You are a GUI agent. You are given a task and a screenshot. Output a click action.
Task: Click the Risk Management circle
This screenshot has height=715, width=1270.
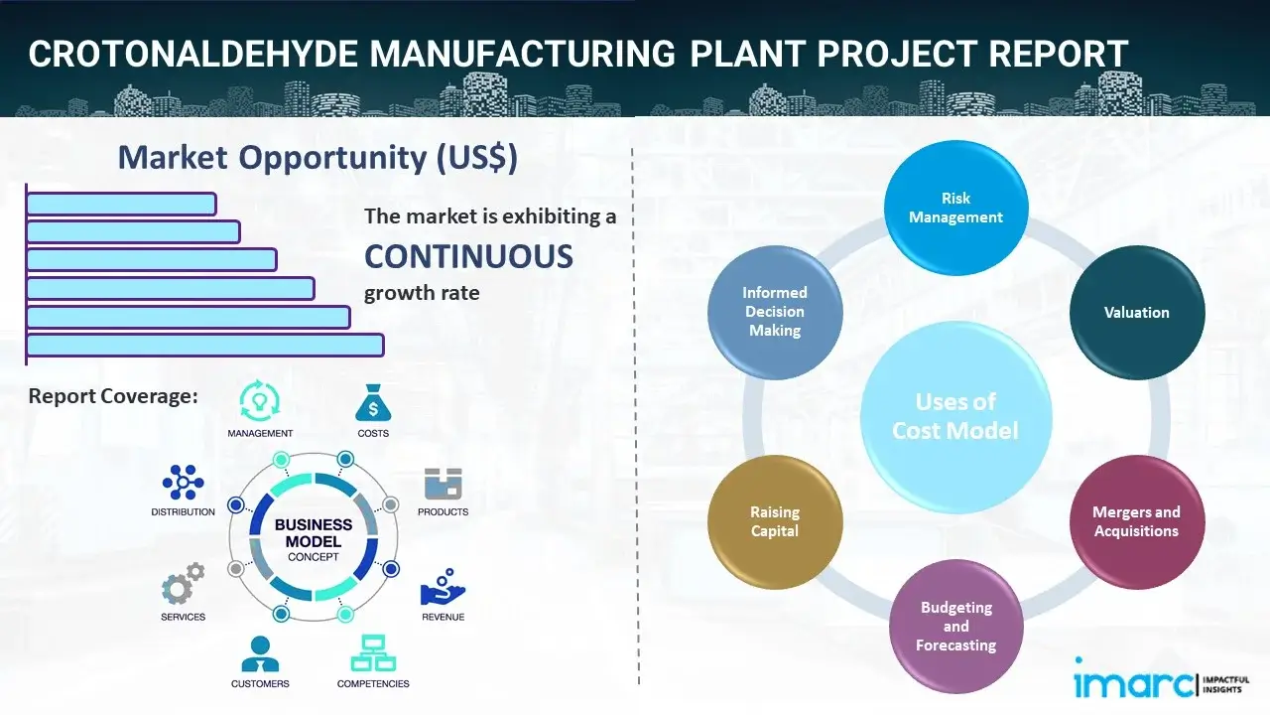[955, 208]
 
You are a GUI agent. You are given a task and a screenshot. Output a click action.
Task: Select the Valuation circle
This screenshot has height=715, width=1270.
[1136, 313]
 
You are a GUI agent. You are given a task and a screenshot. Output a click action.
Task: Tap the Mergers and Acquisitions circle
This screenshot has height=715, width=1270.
[1136, 521]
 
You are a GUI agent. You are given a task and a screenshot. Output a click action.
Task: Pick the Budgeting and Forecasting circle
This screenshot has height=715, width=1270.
[955, 626]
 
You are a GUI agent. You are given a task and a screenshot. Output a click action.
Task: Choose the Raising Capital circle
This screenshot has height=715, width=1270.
[775, 521]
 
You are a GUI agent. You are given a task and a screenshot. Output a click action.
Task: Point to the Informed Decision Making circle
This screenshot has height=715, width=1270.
[775, 313]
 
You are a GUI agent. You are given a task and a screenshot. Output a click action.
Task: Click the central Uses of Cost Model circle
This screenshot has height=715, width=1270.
[955, 416]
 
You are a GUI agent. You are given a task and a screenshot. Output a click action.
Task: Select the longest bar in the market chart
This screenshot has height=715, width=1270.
[204, 345]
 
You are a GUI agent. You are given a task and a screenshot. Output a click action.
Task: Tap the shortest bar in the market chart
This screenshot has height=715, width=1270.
[121, 204]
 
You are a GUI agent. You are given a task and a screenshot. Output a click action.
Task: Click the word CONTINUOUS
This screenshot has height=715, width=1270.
[468, 257]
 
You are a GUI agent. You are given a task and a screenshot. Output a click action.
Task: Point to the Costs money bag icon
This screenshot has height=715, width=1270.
[373, 403]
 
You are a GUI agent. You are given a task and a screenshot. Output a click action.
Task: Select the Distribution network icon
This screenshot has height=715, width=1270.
[183, 483]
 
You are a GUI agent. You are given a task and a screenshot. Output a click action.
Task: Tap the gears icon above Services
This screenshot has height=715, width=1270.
[183, 585]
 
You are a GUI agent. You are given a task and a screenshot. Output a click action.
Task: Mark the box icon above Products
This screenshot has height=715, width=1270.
[443, 484]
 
